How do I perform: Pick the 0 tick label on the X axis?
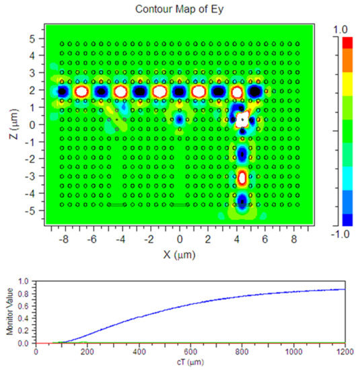click(179, 238)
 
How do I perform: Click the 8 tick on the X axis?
click(294, 238)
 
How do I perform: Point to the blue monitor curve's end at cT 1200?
click(343, 289)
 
